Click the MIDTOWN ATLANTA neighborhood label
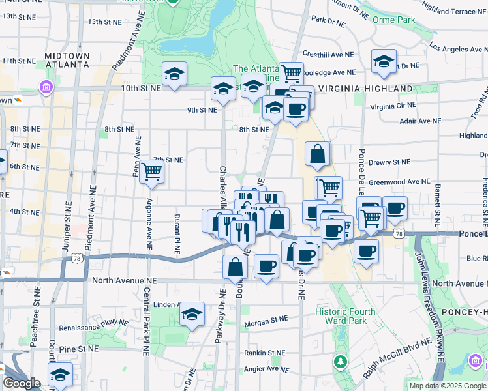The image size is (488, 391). [x=67, y=60]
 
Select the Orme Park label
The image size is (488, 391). [x=393, y=20]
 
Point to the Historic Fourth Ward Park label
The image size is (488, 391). [x=345, y=316]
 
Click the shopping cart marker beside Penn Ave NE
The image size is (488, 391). [x=152, y=171]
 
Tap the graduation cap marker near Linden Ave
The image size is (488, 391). [x=192, y=314]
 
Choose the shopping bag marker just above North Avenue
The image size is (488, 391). [x=236, y=266]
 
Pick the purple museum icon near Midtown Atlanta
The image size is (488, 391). [x=46, y=87]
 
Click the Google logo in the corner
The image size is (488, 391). [x=21, y=383]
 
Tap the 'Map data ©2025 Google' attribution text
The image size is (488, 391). [x=447, y=386]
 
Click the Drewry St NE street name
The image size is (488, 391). [x=388, y=162]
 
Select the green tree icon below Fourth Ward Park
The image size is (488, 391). [x=340, y=360]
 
